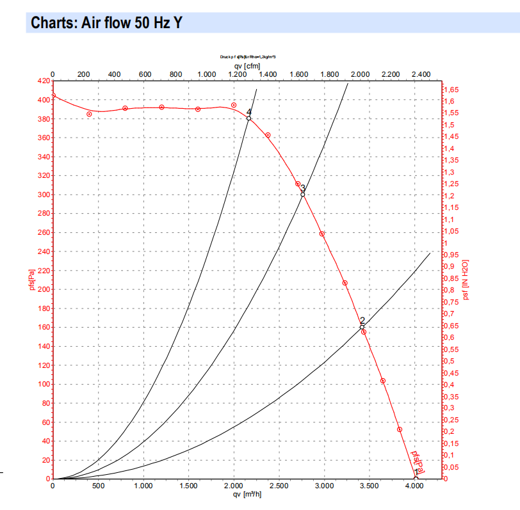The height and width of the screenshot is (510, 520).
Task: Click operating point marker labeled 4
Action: (x=248, y=118)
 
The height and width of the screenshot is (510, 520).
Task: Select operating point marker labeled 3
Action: (x=303, y=194)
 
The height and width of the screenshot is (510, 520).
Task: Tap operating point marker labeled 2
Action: (x=362, y=327)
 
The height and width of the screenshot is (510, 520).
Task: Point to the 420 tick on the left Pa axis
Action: (x=44, y=81)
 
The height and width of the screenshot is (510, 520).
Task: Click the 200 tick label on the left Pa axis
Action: (x=44, y=289)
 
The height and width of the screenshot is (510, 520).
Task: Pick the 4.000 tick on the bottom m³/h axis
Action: (x=415, y=486)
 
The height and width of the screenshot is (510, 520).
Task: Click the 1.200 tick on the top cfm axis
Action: (x=237, y=74)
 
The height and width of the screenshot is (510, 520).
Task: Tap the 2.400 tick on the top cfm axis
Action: (x=421, y=74)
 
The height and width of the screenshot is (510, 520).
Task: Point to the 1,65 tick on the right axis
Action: (x=451, y=90)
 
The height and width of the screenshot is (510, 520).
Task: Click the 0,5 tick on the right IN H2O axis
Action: (x=450, y=362)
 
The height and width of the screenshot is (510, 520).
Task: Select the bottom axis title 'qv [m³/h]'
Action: (x=247, y=495)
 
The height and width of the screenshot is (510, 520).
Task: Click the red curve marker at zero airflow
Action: (x=53, y=96)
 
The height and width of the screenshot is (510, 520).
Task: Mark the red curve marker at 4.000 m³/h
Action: (x=416, y=478)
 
